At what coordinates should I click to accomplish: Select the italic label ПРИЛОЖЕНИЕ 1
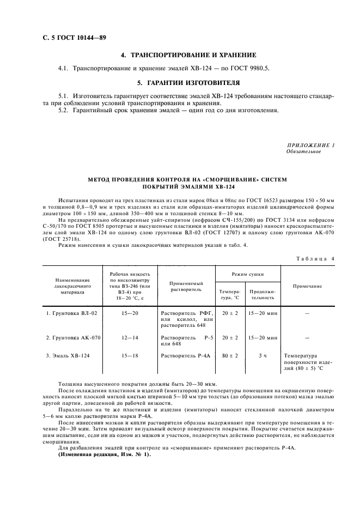click(310, 144)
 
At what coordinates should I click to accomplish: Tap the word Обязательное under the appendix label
click(303, 151)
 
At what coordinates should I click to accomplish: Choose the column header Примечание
click(307, 286)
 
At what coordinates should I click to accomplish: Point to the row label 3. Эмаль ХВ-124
click(67, 355)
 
